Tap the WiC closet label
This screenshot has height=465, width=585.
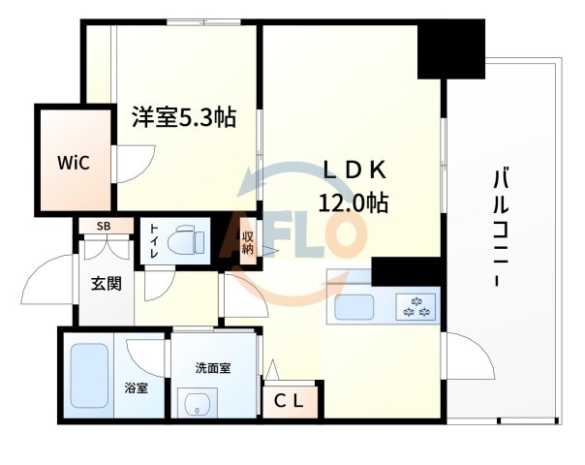click(x=73, y=162)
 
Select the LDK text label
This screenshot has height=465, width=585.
click(x=354, y=170)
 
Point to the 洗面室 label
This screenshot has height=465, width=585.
click(x=212, y=367)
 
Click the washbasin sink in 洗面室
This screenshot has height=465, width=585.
click(x=199, y=404)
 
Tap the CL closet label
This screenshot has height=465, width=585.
click(x=291, y=400)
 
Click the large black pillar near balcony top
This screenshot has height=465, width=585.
click(x=450, y=48)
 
